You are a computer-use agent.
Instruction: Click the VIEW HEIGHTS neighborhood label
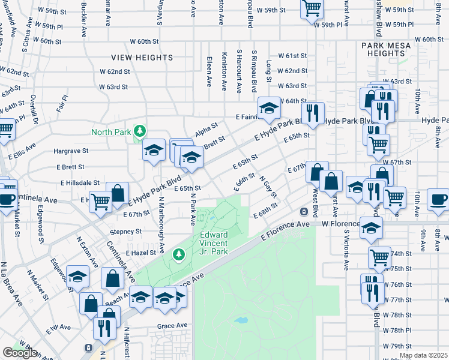[142, 58]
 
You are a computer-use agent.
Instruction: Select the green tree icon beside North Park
[139, 131]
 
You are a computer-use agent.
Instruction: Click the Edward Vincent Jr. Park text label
[214, 243]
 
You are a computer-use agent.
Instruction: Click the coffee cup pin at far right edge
[438, 199]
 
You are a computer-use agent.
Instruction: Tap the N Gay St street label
[268, 187]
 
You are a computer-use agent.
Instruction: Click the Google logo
[20, 353]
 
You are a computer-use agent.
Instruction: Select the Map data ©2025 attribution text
[423, 355]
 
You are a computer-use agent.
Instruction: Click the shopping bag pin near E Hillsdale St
[118, 193]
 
